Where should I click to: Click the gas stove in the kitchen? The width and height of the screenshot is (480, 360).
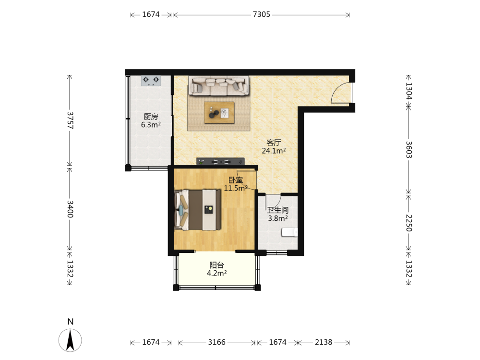(x=151, y=81)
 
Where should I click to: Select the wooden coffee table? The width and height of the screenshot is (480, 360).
(x=219, y=113)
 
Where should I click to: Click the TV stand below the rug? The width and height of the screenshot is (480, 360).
(x=220, y=161)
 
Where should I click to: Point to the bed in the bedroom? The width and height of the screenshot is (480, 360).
(x=197, y=210)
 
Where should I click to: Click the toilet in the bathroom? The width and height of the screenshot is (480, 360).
(x=289, y=232)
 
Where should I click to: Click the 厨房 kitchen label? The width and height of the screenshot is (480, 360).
(x=151, y=117)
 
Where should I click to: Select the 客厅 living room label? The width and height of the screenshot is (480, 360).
(x=274, y=143)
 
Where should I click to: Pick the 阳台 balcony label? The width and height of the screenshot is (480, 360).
(x=217, y=265)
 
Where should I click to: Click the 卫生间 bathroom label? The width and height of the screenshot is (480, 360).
(x=277, y=210)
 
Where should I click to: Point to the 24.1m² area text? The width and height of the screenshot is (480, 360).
(x=274, y=151)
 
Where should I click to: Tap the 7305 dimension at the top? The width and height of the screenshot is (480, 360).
(x=262, y=14)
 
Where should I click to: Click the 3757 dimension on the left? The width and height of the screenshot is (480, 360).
(x=71, y=120)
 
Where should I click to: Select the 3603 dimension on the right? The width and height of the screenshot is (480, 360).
(x=409, y=150)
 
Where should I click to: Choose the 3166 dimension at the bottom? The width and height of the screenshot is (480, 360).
(x=217, y=342)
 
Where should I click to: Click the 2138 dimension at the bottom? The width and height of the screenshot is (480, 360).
(x=324, y=342)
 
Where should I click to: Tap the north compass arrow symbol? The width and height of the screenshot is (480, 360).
(x=70, y=340)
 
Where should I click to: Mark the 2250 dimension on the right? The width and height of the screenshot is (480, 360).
(x=409, y=223)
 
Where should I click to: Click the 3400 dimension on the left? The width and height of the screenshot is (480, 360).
(x=71, y=209)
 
